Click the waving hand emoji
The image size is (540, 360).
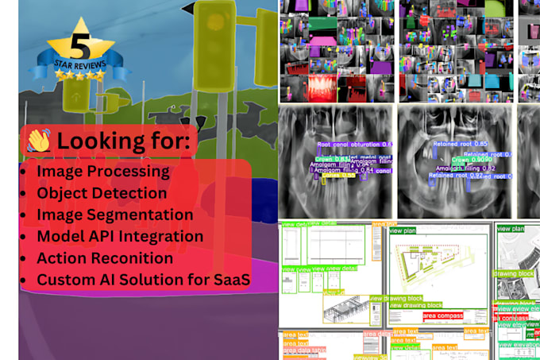38,141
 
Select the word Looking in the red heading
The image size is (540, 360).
95,142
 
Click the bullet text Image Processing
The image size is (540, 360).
102,171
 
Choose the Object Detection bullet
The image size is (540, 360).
102,193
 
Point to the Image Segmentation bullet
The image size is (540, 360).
114,215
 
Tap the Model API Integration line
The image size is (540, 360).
120,236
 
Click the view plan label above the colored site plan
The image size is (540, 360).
400,230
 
